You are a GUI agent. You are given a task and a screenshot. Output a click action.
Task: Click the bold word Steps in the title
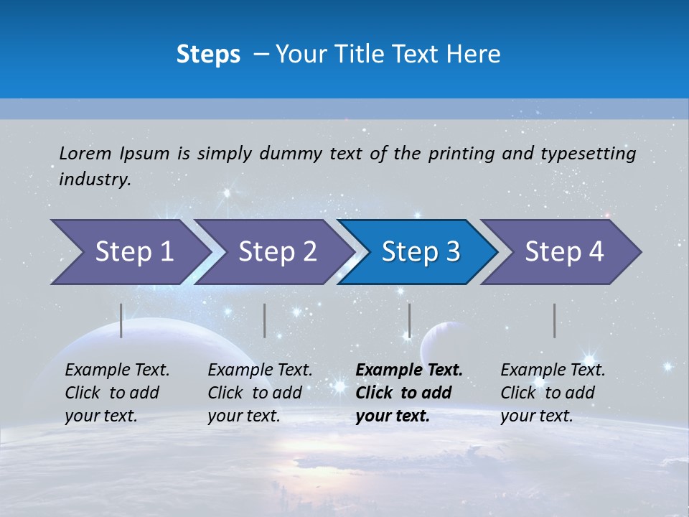tap(208, 55)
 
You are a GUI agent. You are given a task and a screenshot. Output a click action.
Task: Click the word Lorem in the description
tap(85, 153)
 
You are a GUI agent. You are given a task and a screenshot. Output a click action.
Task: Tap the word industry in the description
tap(95, 180)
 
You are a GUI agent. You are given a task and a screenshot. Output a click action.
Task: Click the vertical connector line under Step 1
tap(121, 320)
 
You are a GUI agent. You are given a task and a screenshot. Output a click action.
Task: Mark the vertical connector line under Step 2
tap(265, 320)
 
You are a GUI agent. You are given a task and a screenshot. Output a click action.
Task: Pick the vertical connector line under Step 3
tap(409, 320)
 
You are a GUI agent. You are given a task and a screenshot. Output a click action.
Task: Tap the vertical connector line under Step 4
tap(554, 320)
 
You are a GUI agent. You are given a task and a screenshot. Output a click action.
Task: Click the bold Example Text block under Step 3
tap(409, 393)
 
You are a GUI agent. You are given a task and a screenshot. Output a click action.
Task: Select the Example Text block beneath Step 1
tap(117, 393)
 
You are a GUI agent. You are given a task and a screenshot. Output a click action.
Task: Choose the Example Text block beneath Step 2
tap(260, 393)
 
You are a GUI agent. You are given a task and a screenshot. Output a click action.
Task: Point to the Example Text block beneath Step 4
tap(553, 393)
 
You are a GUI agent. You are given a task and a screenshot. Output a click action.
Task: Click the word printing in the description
tap(461, 153)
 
